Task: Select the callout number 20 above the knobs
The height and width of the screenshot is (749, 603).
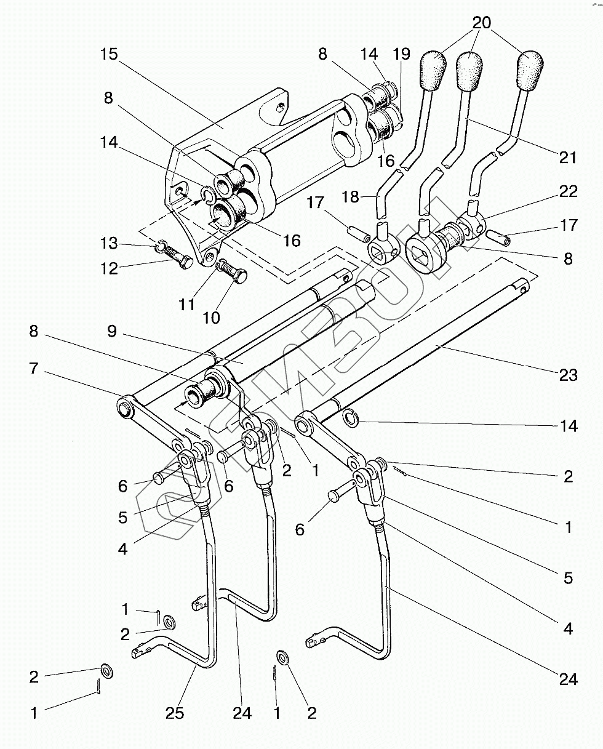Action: click(x=482, y=23)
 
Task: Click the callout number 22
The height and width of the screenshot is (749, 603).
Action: click(x=568, y=192)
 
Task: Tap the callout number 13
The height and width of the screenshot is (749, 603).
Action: click(x=110, y=243)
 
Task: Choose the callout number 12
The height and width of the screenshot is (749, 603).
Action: click(x=110, y=268)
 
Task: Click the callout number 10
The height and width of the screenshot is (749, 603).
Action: click(x=210, y=318)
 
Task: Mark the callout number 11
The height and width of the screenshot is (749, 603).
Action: click(x=186, y=304)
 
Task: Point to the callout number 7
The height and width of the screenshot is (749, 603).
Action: click(x=33, y=369)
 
